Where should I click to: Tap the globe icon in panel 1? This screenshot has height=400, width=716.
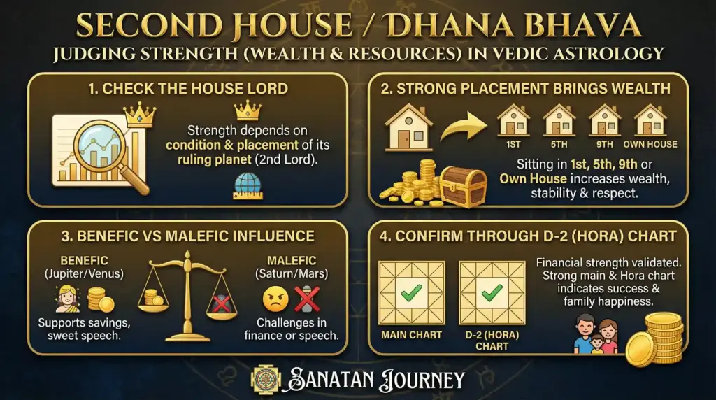tap(248, 186)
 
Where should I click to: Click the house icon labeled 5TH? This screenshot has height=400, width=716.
tap(559, 120)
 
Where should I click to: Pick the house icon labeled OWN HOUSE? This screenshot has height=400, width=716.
tap(650, 120)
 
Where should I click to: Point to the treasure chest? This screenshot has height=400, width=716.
tap(463, 186)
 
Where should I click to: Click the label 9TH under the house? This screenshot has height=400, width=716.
tap(605, 144)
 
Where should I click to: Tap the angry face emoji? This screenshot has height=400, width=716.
tap(275, 299)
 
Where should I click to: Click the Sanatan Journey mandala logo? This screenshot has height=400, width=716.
tap(266, 379)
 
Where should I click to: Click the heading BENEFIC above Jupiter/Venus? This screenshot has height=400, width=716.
tap(85, 261)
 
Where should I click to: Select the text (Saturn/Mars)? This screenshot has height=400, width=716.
tap(292, 274)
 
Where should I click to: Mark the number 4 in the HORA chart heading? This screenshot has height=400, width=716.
tap(384, 236)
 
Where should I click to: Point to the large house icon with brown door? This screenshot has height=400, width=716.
tap(408, 127)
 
